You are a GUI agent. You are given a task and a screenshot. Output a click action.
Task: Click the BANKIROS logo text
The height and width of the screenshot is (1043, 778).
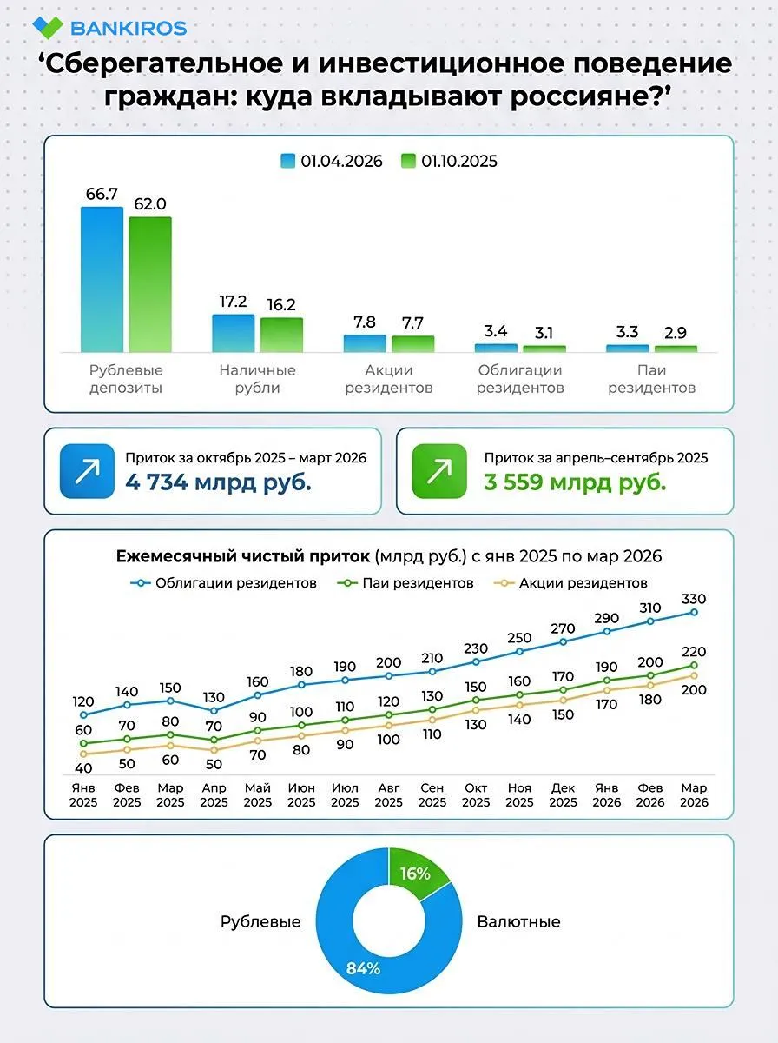click(x=129, y=28)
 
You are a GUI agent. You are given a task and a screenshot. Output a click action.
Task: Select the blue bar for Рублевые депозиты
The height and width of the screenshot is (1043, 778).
click(x=102, y=279)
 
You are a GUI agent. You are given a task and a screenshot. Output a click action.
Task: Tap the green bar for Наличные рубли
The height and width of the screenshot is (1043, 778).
click(x=281, y=335)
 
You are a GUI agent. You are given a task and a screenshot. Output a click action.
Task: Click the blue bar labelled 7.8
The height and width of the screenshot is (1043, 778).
click(x=365, y=343)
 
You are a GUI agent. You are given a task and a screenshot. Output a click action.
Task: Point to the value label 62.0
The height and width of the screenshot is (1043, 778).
click(x=150, y=204)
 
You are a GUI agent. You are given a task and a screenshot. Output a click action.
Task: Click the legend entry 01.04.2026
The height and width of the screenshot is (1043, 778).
click(x=332, y=161)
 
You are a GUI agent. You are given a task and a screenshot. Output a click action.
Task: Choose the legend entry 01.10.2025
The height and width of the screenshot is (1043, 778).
click(x=449, y=161)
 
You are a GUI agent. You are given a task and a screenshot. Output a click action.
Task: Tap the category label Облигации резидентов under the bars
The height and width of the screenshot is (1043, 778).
click(x=520, y=379)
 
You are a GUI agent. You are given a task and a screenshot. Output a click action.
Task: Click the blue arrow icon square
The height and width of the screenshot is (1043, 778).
click(x=88, y=471)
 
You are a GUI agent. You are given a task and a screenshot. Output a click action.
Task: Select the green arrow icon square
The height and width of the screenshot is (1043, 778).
click(x=439, y=471)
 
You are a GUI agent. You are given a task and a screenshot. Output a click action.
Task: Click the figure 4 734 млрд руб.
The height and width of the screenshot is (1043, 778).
click(x=218, y=482)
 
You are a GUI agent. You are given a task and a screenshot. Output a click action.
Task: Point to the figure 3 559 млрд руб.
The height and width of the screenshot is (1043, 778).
click(x=576, y=482)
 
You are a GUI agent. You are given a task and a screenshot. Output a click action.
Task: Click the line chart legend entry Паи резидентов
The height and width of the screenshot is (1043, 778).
click(x=405, y=583)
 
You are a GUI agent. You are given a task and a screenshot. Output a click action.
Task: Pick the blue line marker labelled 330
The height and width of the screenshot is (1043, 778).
click(x=694, y=613)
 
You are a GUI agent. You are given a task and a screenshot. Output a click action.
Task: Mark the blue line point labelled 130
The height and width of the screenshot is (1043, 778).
click(x=214, y=711)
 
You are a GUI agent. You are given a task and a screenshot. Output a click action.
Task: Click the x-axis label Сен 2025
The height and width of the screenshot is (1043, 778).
click(x=432, y=795)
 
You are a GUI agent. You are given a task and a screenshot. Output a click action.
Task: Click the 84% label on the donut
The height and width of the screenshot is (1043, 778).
click(x=363, y=968)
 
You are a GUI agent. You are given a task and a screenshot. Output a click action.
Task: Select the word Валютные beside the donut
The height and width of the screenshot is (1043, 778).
click(x=519, y=922)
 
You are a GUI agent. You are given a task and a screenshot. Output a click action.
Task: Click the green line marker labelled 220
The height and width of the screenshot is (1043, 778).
click(x=694, y=665)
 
